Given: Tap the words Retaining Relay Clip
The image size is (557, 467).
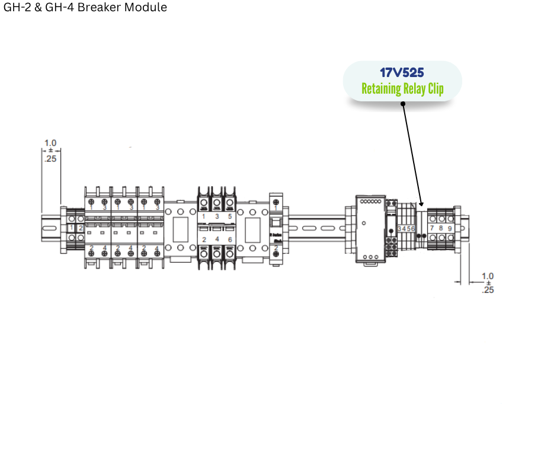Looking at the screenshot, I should click(402, 89).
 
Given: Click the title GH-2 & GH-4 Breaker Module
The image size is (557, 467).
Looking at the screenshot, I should click(85, 8).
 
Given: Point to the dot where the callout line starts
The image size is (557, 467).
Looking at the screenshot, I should click(403, 104).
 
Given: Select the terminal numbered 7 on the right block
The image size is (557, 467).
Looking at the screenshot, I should click(432, 228).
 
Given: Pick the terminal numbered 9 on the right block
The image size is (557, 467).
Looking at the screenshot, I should click(450, 228).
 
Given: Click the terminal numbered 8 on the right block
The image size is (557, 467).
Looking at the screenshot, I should click(441, 228).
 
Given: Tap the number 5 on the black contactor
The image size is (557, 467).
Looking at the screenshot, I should click(230, 217).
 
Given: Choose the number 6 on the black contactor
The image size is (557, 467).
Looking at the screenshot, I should click(230, 239).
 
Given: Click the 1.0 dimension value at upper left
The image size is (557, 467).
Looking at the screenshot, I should click(50, 143).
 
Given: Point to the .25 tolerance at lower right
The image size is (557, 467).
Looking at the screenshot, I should click(488, 290).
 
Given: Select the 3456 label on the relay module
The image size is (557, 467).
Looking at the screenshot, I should click(406, 228).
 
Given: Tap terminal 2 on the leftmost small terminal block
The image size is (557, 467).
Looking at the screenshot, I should click(81, 228).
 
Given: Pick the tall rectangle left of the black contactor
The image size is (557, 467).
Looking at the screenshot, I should click(180, 228).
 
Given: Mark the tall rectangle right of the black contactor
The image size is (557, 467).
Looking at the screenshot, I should click(252, 228).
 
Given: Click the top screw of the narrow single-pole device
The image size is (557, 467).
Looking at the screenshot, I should click(276, 204).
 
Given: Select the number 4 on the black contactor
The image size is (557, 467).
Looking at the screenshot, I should click(217, 239).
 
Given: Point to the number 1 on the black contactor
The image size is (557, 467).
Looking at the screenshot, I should click(204, 217).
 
